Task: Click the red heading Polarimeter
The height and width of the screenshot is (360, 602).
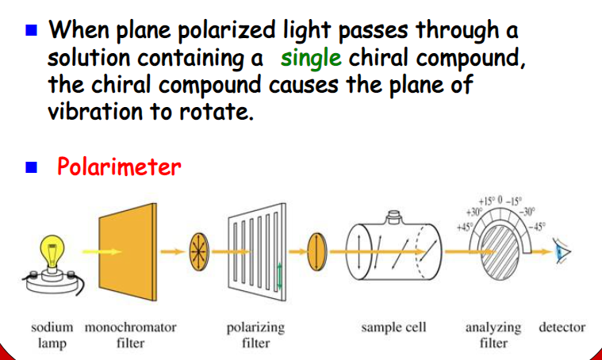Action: tap(119, 167)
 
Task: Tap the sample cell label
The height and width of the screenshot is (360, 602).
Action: tap(393, 327)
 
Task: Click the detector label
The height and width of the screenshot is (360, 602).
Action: tap(562, 327)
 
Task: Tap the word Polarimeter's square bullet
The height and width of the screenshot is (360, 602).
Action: tap(33, 168)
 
